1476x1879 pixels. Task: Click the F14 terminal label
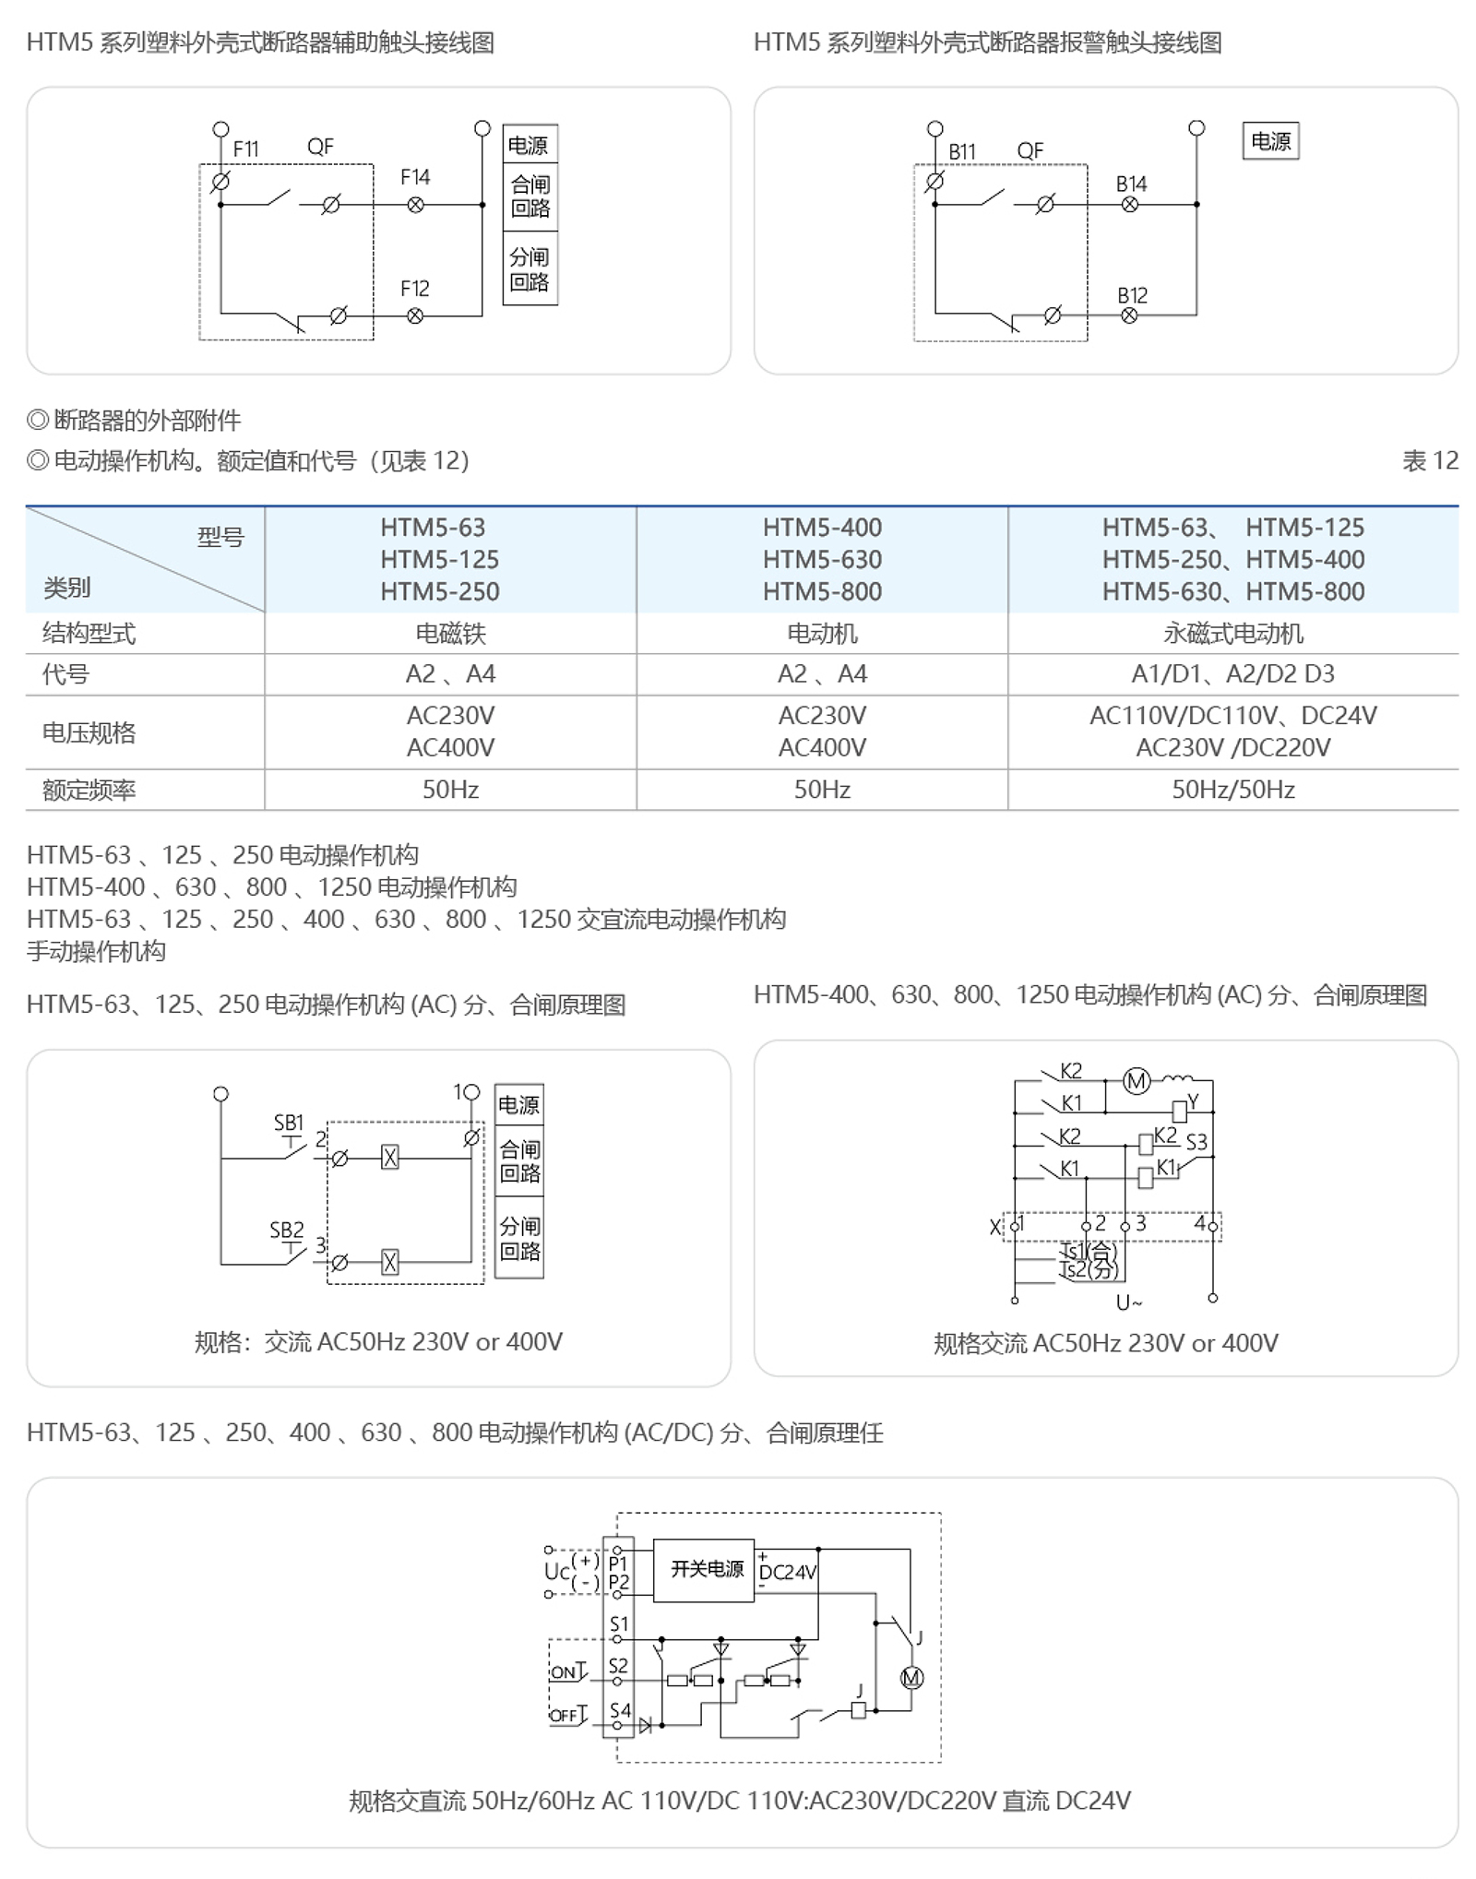coord(414,177)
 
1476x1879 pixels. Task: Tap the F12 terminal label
coord(414,289)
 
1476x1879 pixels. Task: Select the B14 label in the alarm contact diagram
coord(1131,184)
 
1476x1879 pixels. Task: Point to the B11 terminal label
coord(961,151)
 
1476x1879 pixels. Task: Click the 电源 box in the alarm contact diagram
coord(1270,141)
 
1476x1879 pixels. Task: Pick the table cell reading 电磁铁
coord(450,634)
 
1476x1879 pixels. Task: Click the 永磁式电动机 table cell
coord(1232,634)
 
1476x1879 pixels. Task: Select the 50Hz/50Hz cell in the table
coord(1232,790)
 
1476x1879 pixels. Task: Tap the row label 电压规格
coord(89,732)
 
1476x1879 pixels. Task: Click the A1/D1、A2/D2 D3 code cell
coord(1232,674)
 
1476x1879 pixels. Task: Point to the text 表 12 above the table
coord(1429,460)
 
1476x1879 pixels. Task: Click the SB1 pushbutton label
coord(288,1123)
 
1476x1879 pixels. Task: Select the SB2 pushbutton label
coord(286,1231)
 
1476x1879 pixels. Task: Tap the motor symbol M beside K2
coord(1137,1081)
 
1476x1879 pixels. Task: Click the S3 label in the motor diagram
coord(1196,1142)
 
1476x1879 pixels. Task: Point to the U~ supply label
coord(1128,1302)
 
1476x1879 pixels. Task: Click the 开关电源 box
coord(707,1569)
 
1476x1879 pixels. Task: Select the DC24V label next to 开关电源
coord(787,1572)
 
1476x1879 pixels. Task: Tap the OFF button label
coord(564,1716)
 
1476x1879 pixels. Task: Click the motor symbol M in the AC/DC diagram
coord(911,1678)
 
